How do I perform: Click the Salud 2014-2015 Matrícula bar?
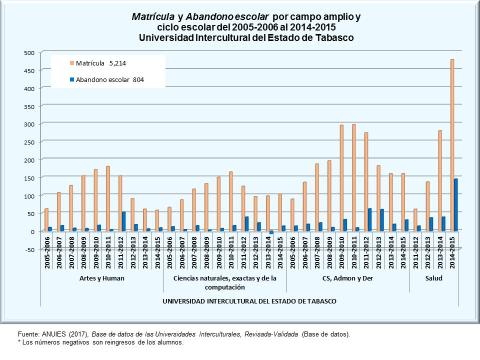coord(452,145)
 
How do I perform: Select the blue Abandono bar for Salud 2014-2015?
coord(456,204)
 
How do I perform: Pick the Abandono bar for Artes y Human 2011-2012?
coord(123,221)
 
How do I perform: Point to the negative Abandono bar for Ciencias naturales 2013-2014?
coord(271,232)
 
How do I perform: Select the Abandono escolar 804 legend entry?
coord(107,79)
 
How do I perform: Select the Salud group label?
coord(434,278)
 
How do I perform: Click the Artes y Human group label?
coord(101,278)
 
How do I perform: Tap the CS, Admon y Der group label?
coord(347,278)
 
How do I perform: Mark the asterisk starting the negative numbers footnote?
coord(19,342)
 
